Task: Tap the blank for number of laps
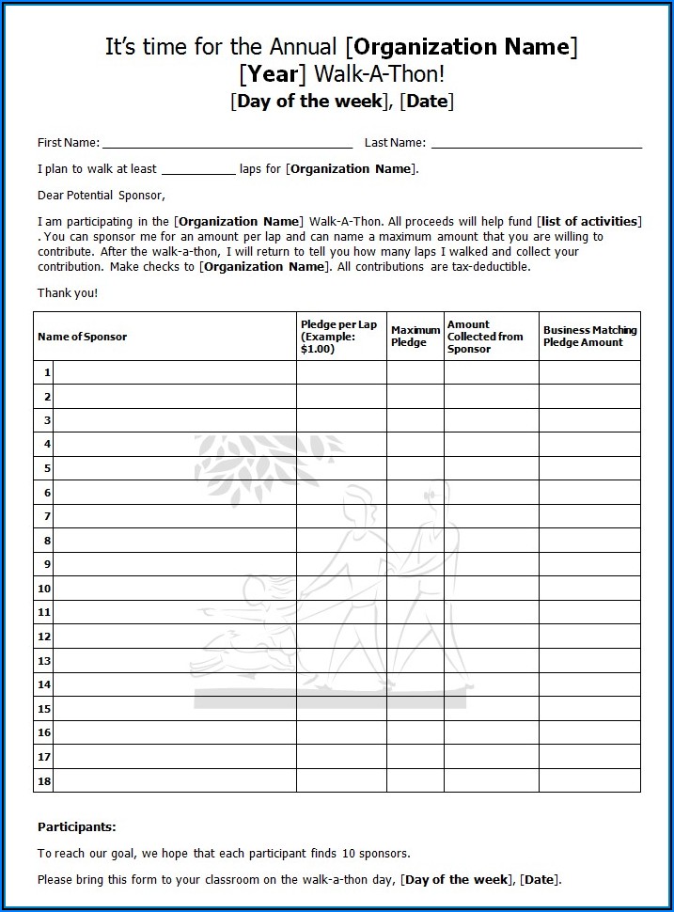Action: [x=197, y=171]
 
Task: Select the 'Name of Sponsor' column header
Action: [x=82, y=337]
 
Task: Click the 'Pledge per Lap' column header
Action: [x=338, y=337]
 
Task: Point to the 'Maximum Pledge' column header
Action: [x=415, y=337]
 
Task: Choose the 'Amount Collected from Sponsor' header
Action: [x=485, y=337]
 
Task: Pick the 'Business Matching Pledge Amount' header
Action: [x=589, y=337]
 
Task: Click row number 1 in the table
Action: [x=45, y=373]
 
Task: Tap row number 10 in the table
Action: [x=44, y=589]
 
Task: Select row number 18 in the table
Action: [x=44, y=780]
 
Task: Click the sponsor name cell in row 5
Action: [x=175, y=468]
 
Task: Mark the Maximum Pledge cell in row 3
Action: [x=415, y=420]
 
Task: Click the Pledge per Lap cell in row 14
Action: [x=341, y=684]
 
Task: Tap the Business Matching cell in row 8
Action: [x=589, y=541]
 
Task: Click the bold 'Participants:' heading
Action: [x=77, y=827]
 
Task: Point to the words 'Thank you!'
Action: [x=68, y=293]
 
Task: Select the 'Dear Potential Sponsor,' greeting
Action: [x=101, y=196]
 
